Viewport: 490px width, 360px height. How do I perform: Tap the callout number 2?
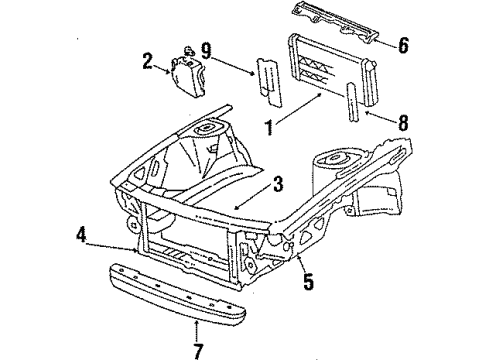pos(148,63)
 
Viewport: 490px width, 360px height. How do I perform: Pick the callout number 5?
pos(308,282)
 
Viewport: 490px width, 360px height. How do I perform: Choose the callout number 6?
pos(403,44)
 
